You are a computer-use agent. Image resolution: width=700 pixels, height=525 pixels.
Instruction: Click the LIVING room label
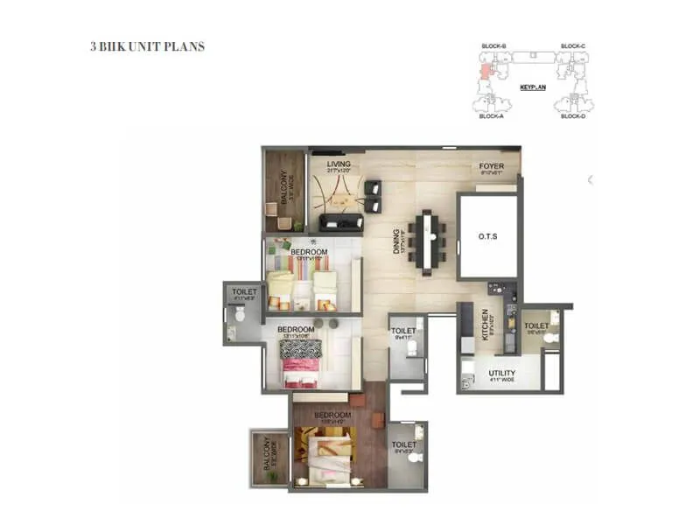338,164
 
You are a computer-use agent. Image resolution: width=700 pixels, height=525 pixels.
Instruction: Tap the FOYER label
490,166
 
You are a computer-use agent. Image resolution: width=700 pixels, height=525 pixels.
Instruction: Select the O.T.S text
487,235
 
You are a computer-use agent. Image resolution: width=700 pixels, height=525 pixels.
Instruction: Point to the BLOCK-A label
491,115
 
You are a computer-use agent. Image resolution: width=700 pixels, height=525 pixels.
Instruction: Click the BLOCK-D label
572,115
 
